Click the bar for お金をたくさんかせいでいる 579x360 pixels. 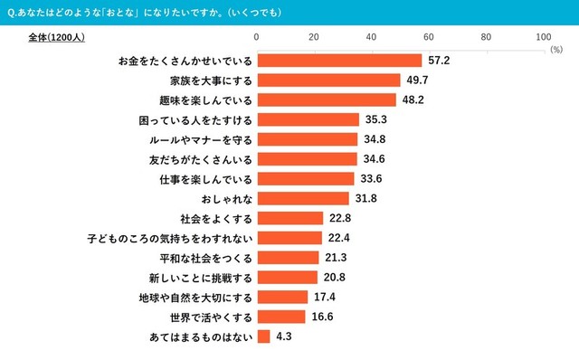[x=339, y=61]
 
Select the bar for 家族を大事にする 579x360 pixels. [x=328, y=81]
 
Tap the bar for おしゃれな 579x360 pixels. [x=303, y=198]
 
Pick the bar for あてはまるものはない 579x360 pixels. [x=263, y=336]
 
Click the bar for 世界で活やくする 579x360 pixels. [x=281, y=317]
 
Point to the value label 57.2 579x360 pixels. [x=439, y=61]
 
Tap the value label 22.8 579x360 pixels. [x=340, y=218]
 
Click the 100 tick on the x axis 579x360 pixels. [x=543, y=37]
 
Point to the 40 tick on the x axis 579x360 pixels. [x=372, y=37]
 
